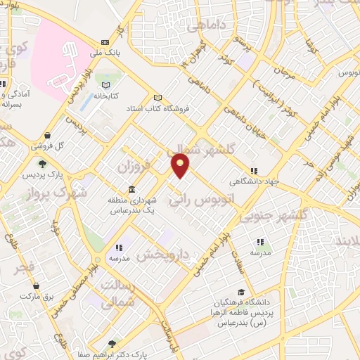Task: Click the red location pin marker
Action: pyautogui.click(x=181, y=166)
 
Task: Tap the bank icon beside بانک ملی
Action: pyautogui.click(x=105, y=41)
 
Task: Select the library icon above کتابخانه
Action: pyautogui.click(x=107, y=83)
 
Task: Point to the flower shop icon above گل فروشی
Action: pyautogui.click(x=46, y=136)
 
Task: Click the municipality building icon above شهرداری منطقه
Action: pyautogui.click(x=132, y=190)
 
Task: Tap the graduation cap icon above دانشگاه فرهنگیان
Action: pyautogui.click(x=242, y=292)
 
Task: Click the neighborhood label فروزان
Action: pyautogui.click(x=134, y=169)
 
